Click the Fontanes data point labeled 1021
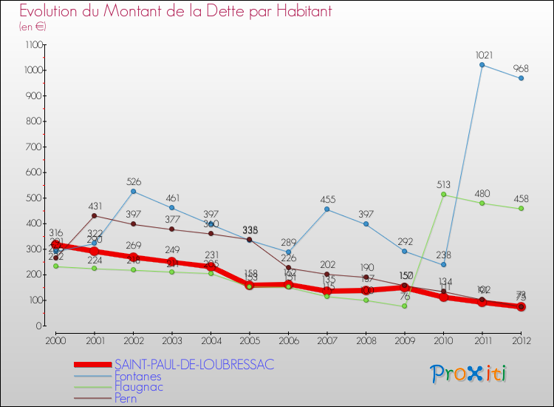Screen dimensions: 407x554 (482, 65)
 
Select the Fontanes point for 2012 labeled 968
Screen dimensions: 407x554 (521, 78)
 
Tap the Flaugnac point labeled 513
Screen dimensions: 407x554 (443, 195)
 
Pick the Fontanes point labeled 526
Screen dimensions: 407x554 (133, 192)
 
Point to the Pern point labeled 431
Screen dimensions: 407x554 (94, 215)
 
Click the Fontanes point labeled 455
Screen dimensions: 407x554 (326, 209)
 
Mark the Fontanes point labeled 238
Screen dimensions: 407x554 (443, 265)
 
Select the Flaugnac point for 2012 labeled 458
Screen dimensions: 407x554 (521, 209)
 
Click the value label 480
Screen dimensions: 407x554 (482, 195)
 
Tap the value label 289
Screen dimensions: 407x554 (288, 242)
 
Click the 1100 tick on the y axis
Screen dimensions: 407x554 (33, 45)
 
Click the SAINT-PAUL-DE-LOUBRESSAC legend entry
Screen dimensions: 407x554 (194, 364)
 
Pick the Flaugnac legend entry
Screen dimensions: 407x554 (138, 386)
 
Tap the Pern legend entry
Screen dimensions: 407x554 (126, 398)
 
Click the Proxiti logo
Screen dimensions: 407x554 (469, 374)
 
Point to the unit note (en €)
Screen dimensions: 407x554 (33, 27)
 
